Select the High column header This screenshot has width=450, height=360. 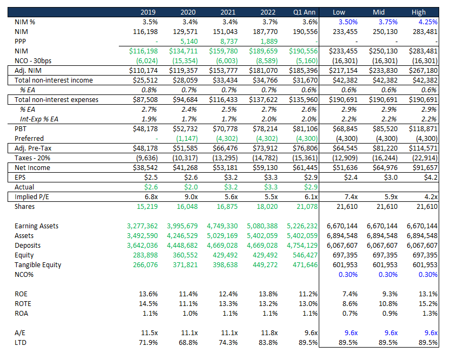click(418, 12)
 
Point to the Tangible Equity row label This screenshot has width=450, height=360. click(38, 265)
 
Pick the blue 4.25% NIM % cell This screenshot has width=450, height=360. click(426, 22)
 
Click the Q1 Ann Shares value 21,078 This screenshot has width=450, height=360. click(305, 207)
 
